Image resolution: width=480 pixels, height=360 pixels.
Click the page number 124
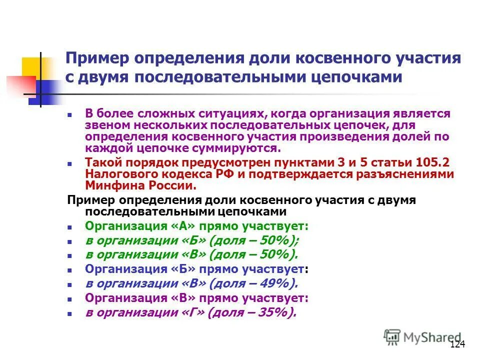point(457,344)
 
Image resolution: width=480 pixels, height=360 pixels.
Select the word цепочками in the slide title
point(353,77)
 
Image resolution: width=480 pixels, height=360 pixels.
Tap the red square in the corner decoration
point(20,85)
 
